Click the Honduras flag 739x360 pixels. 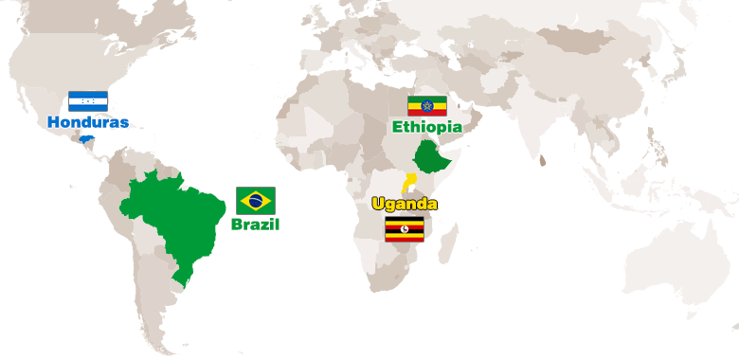(88, 101)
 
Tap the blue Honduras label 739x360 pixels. (88, 122)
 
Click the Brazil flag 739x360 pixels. (255, 200)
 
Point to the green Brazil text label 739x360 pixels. (255, 225)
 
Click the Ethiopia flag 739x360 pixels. (426, 105)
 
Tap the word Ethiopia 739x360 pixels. (426, 126)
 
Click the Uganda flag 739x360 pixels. (405, 228)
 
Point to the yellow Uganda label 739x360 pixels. (405, 205)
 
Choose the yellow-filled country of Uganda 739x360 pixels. (408, 182)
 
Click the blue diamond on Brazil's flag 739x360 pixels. (255, 200)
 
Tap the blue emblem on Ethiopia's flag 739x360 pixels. (426, 105)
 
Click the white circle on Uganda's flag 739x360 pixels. (405, 228)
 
